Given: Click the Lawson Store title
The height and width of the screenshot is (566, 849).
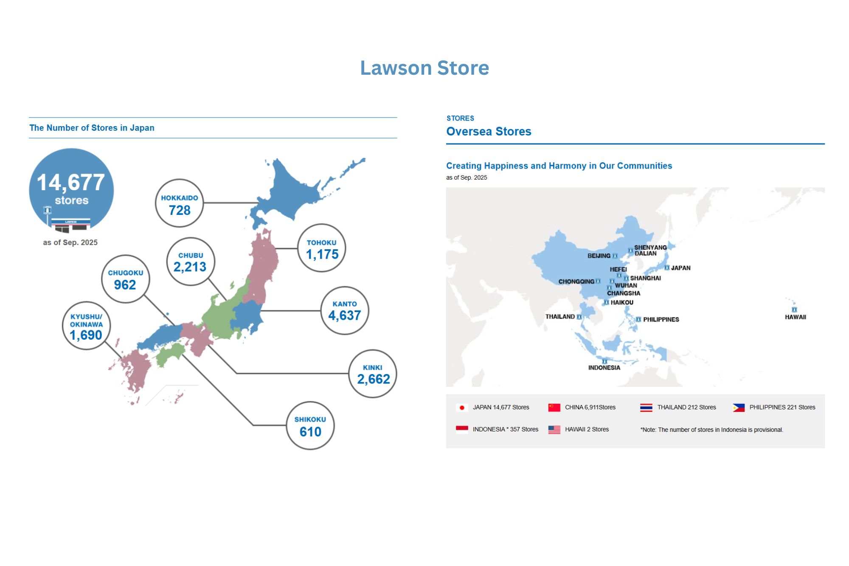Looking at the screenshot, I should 424,68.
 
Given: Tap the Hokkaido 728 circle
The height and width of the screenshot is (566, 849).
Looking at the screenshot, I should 180,203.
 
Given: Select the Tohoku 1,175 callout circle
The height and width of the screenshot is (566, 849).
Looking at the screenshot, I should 322,248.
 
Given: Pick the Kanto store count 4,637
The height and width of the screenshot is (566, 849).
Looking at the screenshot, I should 344,315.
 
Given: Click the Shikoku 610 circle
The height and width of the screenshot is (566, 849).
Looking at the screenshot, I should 310,425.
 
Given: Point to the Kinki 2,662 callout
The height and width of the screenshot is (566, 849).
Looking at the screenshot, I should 373,374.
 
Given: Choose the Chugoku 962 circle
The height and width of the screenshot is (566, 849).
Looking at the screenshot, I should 126,279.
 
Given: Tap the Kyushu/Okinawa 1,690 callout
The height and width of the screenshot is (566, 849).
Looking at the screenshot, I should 86,326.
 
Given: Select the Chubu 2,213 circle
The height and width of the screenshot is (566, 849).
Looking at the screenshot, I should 191,262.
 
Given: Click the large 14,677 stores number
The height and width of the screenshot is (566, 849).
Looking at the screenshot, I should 71,183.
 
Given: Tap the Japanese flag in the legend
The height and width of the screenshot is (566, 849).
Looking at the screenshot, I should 462,408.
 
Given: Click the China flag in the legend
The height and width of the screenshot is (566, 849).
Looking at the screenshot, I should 554,408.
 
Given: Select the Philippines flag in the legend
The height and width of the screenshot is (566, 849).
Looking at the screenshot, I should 738,408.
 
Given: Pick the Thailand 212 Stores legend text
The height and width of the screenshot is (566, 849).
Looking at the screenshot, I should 686,407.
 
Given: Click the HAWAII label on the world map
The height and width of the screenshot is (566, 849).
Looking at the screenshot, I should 795,317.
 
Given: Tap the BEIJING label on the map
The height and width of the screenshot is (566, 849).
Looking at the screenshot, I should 599,256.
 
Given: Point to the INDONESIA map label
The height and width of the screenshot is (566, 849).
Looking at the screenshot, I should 604,368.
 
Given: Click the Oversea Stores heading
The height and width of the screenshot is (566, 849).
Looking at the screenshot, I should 489,132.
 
